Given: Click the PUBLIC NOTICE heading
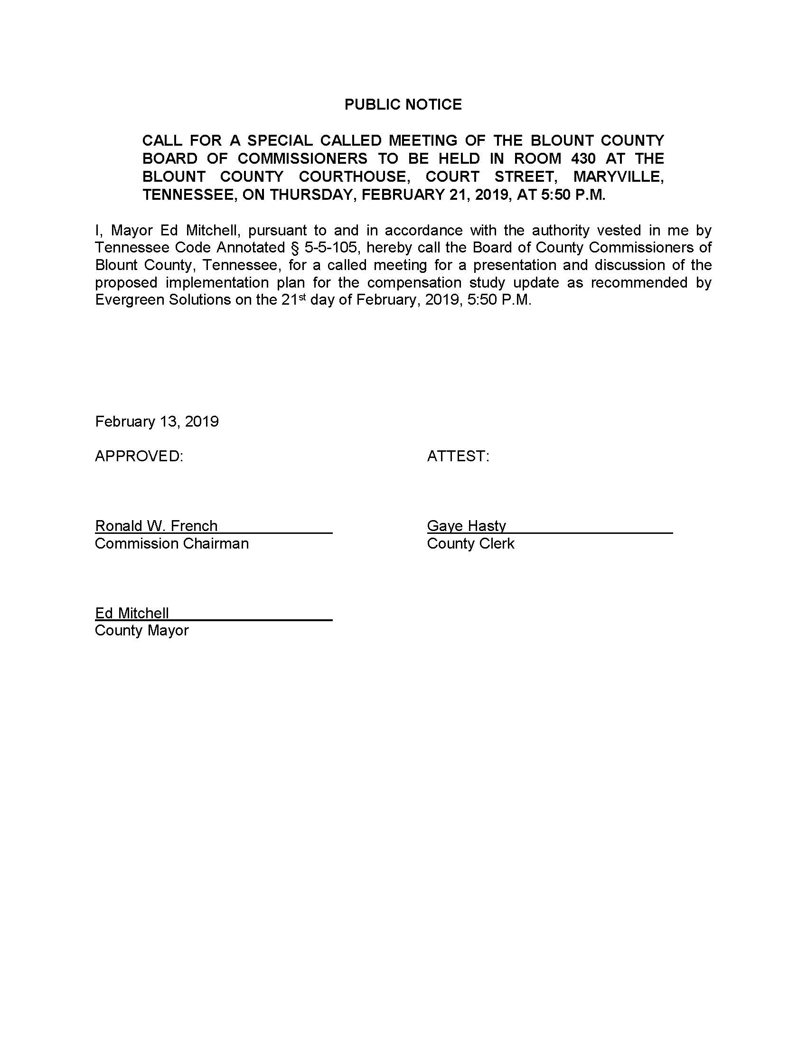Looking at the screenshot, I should tap(403, 104).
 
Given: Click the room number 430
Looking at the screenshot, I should tap(583, 158).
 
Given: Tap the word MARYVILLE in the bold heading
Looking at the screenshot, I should tap(619, 177).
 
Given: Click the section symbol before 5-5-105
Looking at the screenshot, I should tap(294, 248).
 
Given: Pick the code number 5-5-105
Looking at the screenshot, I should tap(331, 248).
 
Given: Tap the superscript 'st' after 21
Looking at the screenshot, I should tap(301, 297).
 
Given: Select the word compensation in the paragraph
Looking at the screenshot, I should tap(413, 282).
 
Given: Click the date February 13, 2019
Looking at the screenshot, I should tap(157, 421).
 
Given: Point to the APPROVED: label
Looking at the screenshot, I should tap(139, 456).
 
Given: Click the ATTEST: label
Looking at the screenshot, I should tap(458, 456).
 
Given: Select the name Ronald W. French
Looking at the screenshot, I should tap(156, 526).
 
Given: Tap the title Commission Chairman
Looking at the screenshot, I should tap(172, 543).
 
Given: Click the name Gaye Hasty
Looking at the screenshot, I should tap(466, 526).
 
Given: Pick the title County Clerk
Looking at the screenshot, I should tap(470, 543).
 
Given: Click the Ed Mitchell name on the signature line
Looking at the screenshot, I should tap(132, 613).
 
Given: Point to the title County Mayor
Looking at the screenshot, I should tap(141, 631).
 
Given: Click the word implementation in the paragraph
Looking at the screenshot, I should tap(217, 282).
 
